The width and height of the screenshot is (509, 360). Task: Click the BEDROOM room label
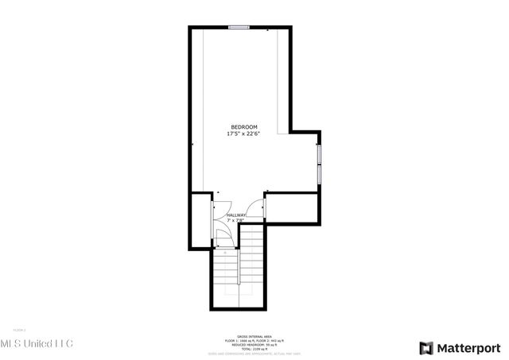pos(244,127)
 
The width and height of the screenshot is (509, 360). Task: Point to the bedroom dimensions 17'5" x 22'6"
pos(244,134)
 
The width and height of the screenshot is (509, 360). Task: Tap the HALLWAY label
pos(236,215)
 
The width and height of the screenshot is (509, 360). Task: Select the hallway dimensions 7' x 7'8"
pos(236,221)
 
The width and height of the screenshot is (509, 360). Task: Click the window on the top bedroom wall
pos(239,29)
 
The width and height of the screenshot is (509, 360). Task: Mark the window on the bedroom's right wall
pos(319,163)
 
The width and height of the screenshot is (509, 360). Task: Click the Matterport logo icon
pos(426,346)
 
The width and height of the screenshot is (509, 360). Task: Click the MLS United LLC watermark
pos(37,343)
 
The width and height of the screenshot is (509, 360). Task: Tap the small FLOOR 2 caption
pos(19,329)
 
